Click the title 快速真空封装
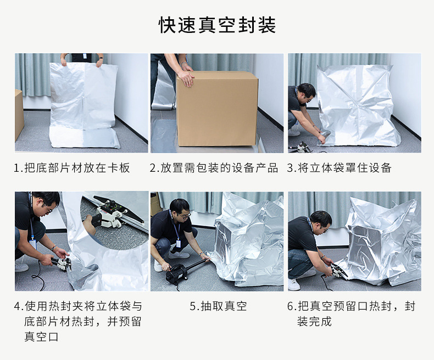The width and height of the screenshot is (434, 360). pos(218,25)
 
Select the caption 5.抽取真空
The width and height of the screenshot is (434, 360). pos(218,306)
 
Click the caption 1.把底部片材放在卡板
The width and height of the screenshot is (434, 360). pos(72,168)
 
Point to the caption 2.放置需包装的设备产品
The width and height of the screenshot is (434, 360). pos(214,168)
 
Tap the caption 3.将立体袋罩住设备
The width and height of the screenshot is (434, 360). pos(339,168)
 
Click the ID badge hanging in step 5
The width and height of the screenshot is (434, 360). pos(178,243)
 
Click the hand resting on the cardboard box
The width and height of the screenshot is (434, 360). pos(186,77)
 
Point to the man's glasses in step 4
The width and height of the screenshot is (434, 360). pos(48,210)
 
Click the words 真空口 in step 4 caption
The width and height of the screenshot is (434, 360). pos(41,337)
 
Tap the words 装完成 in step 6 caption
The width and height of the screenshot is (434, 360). pos(314,321)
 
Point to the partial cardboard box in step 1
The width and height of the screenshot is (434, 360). pos(19,115)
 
